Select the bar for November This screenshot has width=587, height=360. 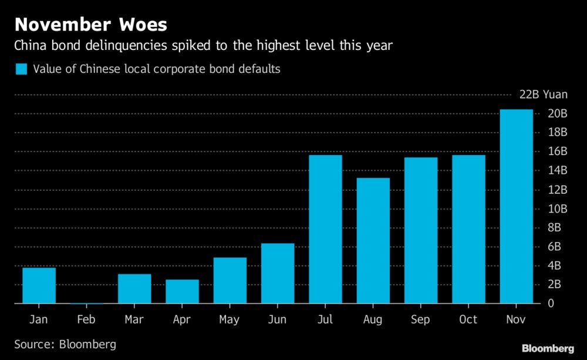pyautogui.click(x=517, y=206)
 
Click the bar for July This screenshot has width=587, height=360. pyautogui.click(x=325, y=229)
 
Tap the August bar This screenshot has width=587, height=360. pyautogui.click(x=373, y=240)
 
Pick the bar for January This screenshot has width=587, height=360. pyautogui.click(x=39, y=285)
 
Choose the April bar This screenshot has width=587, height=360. pyautogui.click(x=182, y=291)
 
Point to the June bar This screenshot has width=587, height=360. pyautogui.click(x=277, y=273)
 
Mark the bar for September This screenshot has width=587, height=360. pyautogui.click(x=421, y=230)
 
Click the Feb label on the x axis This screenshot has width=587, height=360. pyautogui.click(x=86, y=319)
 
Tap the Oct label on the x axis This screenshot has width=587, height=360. pyautogui.click(x=468, y=319)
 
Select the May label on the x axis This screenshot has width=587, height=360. pyautogui.click(x=230, y=320)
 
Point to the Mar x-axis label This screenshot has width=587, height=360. pyautogui.click(x=134, y=319)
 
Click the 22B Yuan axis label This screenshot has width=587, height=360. pyautogui.click(x=544, y=95)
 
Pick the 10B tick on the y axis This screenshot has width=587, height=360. pyautogui.click(x=557, y=208)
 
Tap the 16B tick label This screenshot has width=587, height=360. pyautogui.click(x=557, y=151)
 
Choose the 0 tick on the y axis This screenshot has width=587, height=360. pyautogui.click(x=550, y=304)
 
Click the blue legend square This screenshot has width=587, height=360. pyautogui.click(x=21, y=69)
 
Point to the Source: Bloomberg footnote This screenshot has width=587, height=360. pyautogui.click(x=65, y=344)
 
